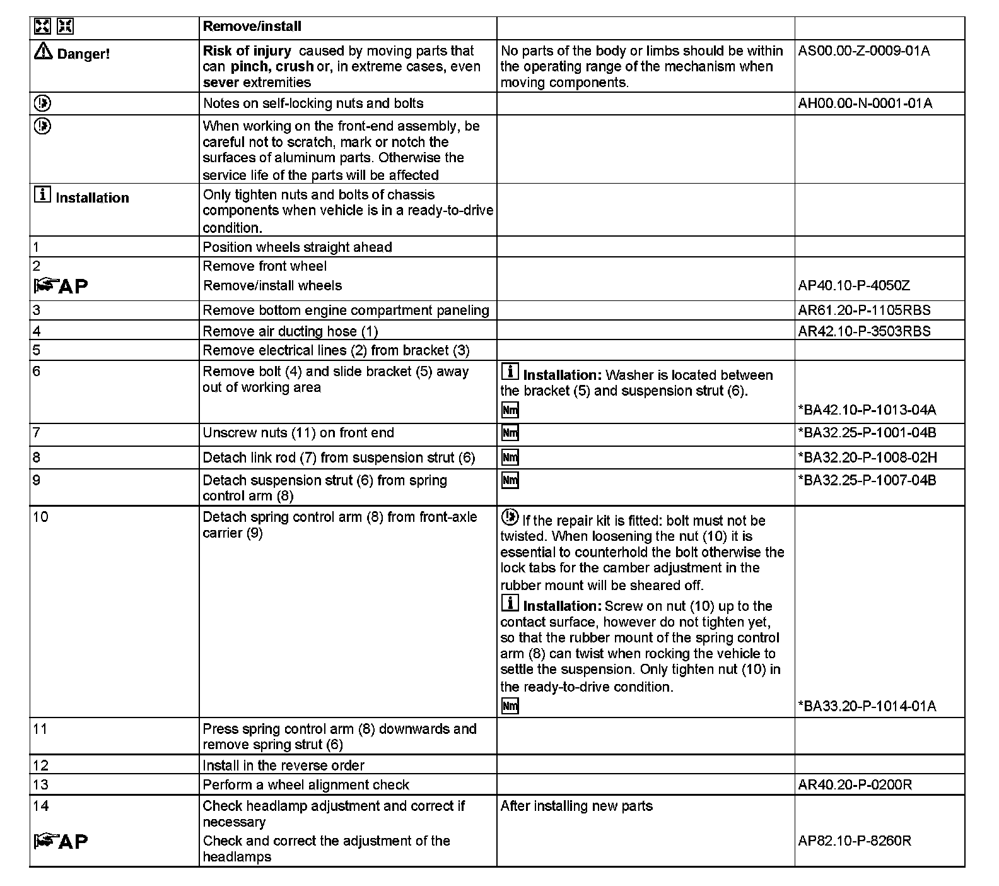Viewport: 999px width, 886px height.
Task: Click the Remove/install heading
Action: (x=252, y=27)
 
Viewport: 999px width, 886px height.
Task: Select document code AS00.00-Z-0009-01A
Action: (x=863, y=51)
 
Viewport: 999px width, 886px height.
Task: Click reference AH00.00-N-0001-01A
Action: (x=865, y=103)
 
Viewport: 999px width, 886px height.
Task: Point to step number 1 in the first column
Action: (x=36, y=247)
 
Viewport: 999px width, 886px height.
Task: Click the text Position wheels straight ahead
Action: (x=297, y=247)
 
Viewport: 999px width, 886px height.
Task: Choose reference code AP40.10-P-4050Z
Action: (x=854, y=286)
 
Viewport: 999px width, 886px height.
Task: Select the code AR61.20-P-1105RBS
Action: (x=864, y=310)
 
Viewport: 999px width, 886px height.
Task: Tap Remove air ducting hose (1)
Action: (x=290, y=331)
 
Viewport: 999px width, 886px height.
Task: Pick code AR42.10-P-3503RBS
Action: (x=864, y=331)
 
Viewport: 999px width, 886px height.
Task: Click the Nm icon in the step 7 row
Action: (x=510, y=433)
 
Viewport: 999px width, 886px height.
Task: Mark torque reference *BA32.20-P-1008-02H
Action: (x=867, y=458)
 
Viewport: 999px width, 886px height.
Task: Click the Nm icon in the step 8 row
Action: (x=510, y=458)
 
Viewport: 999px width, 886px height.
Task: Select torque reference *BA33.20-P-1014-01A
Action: (x=867, y=706)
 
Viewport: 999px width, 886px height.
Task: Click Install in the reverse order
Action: (x=283, y=765)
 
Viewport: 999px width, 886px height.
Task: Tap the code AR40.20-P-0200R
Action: (x=855, y=785)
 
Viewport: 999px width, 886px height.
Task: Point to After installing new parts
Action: (x=576, y=806)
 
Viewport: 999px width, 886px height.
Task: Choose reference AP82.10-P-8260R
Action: (x=855, y=841)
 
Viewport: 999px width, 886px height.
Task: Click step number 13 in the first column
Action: (x=40, y=785)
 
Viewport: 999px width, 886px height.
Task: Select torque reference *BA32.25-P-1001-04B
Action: (x=867, y=433)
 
